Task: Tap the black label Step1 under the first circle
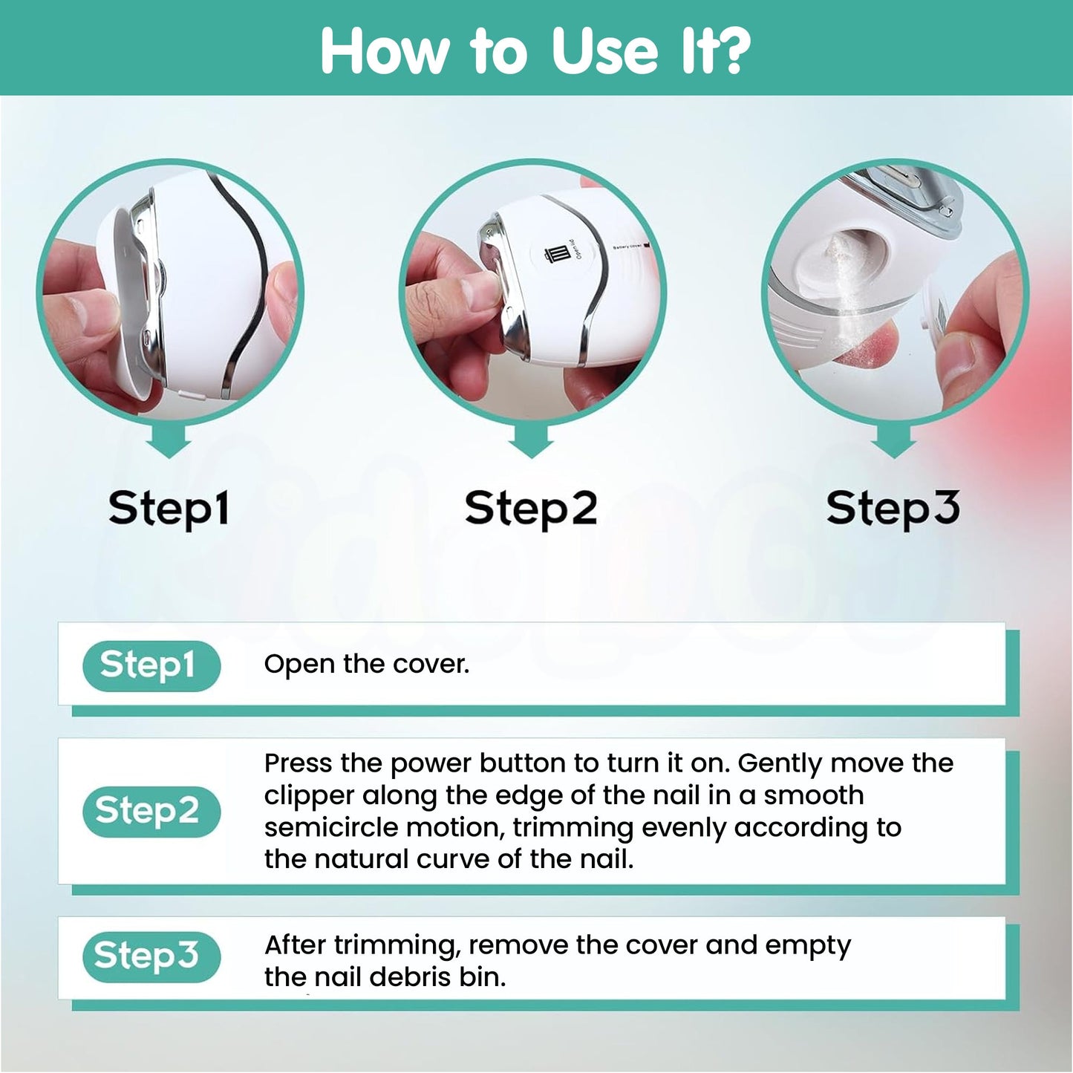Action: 169,509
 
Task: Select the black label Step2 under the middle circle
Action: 531,509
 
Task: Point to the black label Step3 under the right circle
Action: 893,509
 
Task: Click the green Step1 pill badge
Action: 151,665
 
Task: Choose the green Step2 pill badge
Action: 151,811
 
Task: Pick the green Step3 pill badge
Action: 151,956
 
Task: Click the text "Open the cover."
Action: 367,664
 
